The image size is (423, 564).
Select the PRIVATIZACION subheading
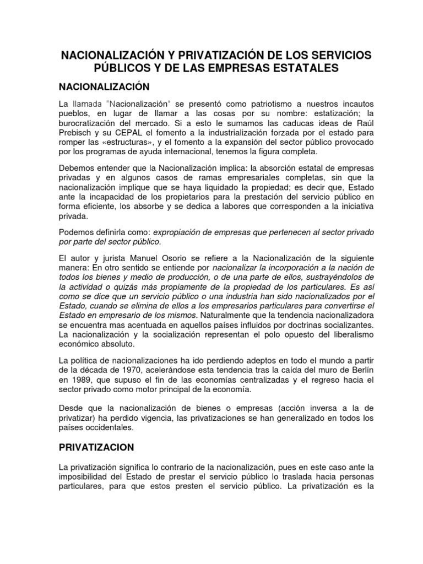pos(97,447)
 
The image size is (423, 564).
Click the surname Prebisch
pos(75,133)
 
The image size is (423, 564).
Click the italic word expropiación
pos(178,232)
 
